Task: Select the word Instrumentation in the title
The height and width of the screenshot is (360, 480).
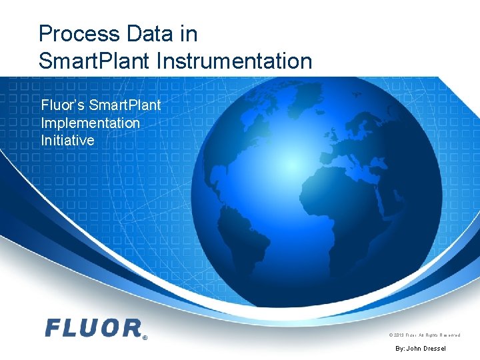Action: pos(234,61)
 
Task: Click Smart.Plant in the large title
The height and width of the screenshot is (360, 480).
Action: pos(95,61)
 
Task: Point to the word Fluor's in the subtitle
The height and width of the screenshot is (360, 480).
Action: pos(63,105)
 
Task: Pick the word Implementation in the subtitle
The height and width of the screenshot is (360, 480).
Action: pos(90,123)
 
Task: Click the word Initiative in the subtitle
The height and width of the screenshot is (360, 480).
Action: pos(67,141)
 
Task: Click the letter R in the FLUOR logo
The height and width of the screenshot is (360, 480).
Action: pos(131,327)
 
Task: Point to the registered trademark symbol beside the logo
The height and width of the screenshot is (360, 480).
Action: pos(145,337)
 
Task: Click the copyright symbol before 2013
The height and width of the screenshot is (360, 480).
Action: pos(391,335)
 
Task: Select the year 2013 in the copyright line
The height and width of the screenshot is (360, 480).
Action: pos(400,335)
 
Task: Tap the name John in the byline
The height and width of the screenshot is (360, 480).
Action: pos(414,349)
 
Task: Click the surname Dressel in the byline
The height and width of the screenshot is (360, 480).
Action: pos(435,349)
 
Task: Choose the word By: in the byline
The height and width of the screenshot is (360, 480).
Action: pos(400,349)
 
